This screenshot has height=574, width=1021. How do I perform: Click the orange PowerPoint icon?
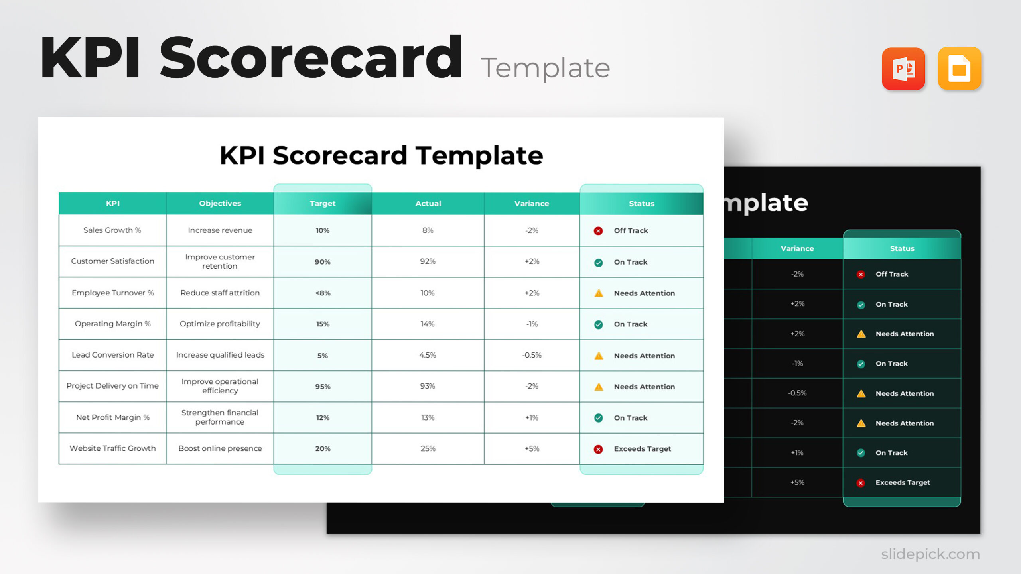click(903, 69)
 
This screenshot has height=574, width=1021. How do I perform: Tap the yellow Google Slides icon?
click(959, 69)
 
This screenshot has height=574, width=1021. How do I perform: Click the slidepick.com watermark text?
click(930, 554)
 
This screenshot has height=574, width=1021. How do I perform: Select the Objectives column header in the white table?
click(220, 203)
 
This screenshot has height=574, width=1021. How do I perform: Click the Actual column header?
click(428, 203)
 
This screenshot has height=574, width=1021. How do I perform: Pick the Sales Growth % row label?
click(112, 230)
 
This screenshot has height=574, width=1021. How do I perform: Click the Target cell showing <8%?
click(323, 293)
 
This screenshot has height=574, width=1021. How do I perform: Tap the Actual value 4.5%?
click(428, 355)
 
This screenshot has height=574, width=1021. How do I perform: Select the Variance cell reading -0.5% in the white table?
click(532, 355)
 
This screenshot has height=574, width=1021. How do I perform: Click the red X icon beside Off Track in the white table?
click(598, 231)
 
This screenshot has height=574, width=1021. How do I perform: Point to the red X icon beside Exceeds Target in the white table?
click(598, 449)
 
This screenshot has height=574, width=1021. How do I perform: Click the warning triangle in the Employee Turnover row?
click(599, 293)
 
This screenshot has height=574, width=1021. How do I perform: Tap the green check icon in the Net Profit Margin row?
click(599, 418)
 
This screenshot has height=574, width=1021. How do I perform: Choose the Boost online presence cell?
click(220, 448)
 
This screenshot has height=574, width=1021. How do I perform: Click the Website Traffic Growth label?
click(112, 448)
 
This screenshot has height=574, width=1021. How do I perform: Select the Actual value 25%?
click(428, 448)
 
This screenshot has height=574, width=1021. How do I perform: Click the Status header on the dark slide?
click(902, 248)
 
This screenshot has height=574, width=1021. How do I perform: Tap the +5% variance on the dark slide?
click(797, 482)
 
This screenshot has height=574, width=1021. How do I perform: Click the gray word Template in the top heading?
click(545, 68)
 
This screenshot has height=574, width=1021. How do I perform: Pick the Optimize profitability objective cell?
click(220, 324)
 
